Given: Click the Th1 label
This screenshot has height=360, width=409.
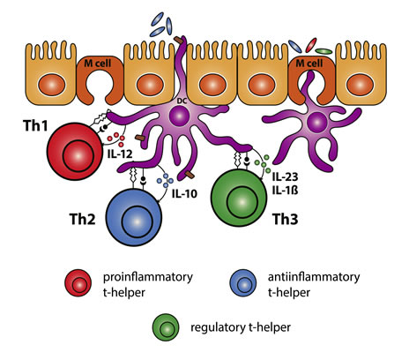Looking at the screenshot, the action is coord(35,125).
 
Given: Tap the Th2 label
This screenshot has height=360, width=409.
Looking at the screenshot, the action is coord(82,219).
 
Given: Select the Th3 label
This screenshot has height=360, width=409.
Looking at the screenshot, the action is coord(286,219).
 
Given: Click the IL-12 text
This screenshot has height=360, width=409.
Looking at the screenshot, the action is coord(120,154).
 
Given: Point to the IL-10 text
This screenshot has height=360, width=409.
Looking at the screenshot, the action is coord(184,194).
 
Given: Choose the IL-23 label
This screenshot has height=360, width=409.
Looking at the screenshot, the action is coord(285,176).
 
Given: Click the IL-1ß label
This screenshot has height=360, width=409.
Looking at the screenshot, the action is coord(285,191).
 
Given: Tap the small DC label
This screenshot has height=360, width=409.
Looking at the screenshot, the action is coord(182,101).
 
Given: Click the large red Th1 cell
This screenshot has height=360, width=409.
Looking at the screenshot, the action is coord(76,151).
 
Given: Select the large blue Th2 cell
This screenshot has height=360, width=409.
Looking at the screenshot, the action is coord(134,217).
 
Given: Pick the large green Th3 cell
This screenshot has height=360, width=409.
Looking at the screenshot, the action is coord(239,198).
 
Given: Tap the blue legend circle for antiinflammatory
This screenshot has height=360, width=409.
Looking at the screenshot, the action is coord(243,282).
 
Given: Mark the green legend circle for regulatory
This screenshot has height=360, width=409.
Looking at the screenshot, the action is coord(166,327).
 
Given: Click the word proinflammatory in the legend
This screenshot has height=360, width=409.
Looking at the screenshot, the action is coord(148,277).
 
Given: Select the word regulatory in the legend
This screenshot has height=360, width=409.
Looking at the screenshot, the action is coord(217,327).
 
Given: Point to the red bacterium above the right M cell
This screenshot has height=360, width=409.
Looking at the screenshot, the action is coord(311,45).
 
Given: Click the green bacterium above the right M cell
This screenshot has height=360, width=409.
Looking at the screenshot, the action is coord(323,51).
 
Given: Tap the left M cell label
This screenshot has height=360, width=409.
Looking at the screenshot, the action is coord(98,63).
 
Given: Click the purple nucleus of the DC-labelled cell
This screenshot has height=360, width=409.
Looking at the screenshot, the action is coord(180,116).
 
